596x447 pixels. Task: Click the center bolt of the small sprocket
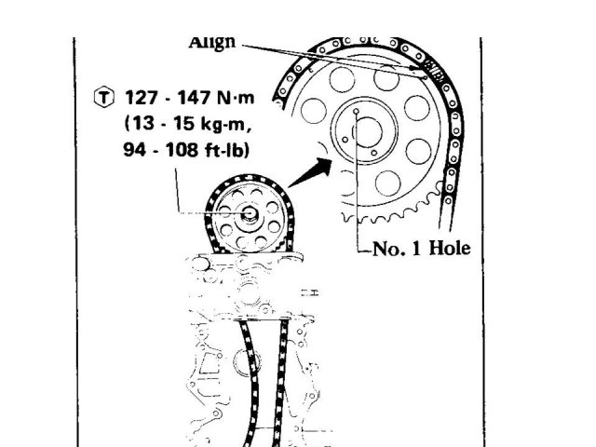point(250,214)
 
